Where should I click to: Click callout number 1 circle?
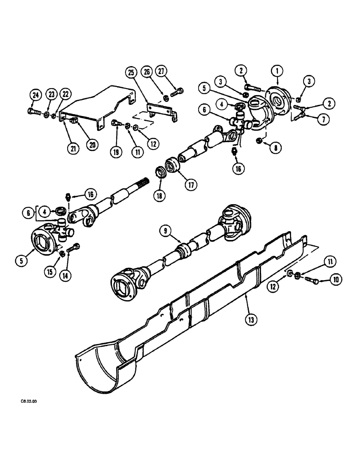click(x=278, y=70)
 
